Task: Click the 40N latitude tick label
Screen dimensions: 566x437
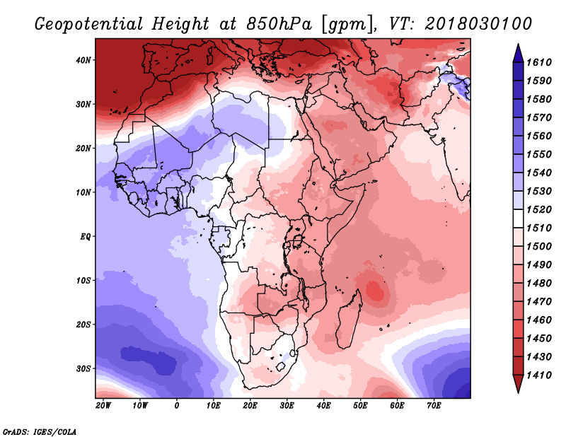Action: click(x=83, y=60)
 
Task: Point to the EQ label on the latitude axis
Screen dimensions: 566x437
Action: click(x=85, y=237)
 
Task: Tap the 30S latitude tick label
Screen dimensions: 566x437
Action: click(x=83, y=369)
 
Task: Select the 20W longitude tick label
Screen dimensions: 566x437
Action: click(x=103, y=406)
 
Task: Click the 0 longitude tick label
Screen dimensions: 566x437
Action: click(x=176, y=406)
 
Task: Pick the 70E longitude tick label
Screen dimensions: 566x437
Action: click(x=434, y=406)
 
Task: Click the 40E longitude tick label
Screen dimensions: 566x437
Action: click(x=323, y=406)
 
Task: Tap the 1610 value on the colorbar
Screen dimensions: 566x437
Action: click(x=539, y=62)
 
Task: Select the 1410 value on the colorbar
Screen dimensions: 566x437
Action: click(x=539, y=375)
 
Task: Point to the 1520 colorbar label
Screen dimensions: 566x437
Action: click(x=539, y=209)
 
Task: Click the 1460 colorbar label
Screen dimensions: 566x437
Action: click(x=539, y=320)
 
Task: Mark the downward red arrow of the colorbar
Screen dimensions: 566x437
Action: click(x=518, y=384)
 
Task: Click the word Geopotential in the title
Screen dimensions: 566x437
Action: click(x=89, y=24)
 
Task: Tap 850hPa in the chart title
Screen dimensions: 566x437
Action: click(x=278, y=24)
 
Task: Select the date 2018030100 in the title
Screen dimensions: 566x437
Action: click(x=478, y=24)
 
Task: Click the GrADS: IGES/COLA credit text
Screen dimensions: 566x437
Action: click(x=40, y=431)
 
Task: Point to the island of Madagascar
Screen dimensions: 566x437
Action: click(x=349, y=321)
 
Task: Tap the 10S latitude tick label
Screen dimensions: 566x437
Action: click(x=83, y=281)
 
